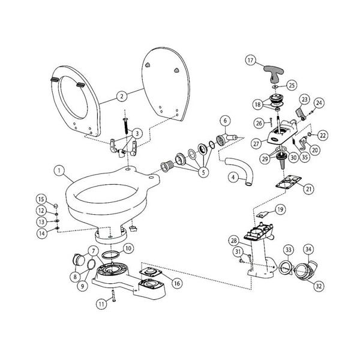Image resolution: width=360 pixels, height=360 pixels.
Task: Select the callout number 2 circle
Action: coord(121,96)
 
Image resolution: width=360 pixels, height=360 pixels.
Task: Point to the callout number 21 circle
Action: coord(309,189)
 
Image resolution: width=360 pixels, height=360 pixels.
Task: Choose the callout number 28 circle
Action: coord(233,241)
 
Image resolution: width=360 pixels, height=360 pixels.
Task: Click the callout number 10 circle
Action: coord(128,248)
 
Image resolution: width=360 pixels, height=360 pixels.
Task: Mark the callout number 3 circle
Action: coord(137,133)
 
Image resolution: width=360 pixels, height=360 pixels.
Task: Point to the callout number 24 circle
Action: coord(319,103)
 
